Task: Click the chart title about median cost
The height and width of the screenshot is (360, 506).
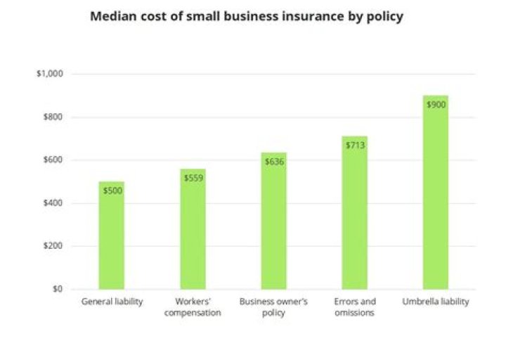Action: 246,16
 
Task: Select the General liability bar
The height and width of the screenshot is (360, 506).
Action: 111,239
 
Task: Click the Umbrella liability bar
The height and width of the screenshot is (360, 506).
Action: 436,197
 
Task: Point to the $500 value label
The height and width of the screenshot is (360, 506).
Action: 112,191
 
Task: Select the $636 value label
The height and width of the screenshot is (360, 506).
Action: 274,162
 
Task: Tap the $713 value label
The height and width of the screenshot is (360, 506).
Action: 355,145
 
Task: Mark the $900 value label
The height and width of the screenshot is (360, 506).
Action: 436,105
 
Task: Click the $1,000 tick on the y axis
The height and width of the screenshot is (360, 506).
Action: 50,74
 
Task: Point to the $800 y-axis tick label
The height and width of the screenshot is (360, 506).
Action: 53,117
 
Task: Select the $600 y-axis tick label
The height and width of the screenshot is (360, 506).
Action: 53,160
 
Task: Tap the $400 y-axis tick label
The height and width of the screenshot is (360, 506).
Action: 53,203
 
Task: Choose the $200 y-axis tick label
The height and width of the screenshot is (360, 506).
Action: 53,246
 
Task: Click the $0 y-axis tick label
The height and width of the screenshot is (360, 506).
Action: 57,289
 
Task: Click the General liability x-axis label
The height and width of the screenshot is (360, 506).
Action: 112,302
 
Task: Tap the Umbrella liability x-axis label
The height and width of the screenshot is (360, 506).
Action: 436,302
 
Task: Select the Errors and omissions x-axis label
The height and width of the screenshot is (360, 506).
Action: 355,307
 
